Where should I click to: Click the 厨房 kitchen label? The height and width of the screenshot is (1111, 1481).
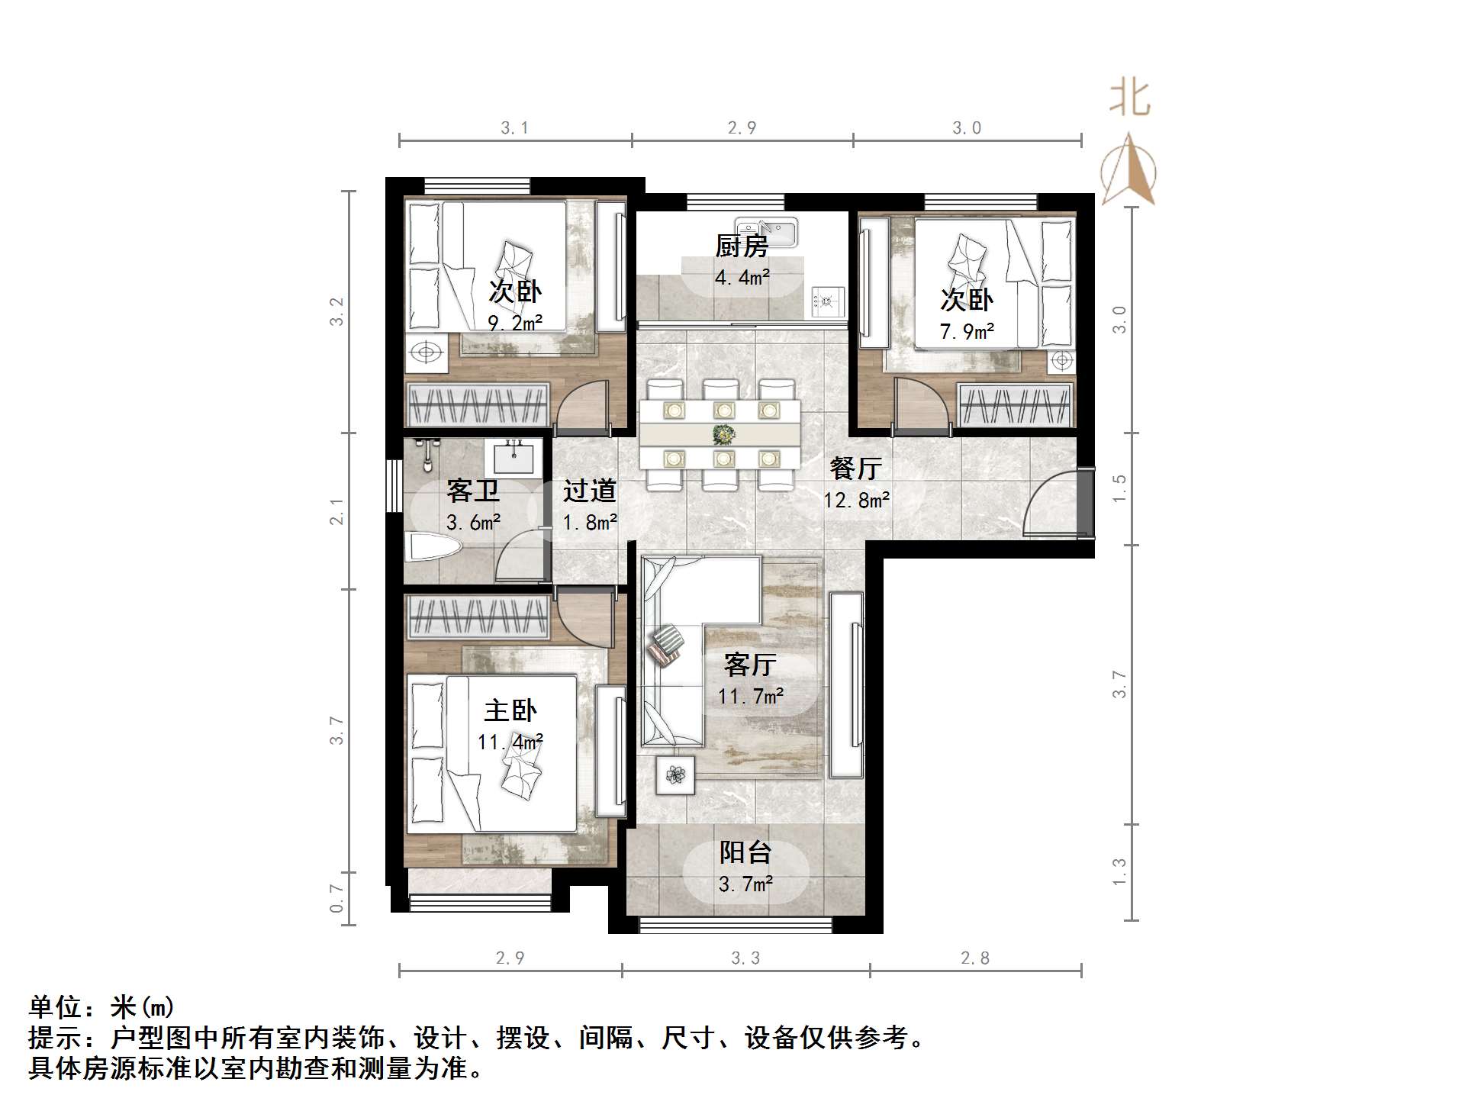click(x=741, y=246)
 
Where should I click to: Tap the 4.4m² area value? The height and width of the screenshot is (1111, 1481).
click(x=742, y=277)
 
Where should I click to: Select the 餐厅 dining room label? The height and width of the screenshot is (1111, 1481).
click(x=856, y=468)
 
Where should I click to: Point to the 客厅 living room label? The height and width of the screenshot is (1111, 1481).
click(x=750, y=665)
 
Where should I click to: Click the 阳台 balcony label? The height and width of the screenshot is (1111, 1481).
click(x=745, y=852)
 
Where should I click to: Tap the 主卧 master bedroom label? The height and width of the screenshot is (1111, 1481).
click(x=510, y=710)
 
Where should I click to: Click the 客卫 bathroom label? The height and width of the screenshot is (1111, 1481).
click(x=473, y=491)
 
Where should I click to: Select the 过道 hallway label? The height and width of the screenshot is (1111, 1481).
click(x=590, y=491)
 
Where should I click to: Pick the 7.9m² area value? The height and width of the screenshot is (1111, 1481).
click(x=967, y=331)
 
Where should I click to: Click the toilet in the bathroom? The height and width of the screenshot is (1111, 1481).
click(x=434, y=547)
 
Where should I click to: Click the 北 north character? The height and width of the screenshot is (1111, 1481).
click(x=1129, y=99)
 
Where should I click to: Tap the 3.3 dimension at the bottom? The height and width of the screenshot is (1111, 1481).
click(x=745, y=958)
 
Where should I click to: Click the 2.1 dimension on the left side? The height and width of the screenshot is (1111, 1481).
click(x=336, y=511)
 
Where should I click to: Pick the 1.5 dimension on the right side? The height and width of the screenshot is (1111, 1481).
click(x=1119, y=488)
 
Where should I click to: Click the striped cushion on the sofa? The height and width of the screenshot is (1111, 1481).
click(x=666, y=645)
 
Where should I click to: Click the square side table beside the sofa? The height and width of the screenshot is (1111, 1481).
click(x=675, y=775)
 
